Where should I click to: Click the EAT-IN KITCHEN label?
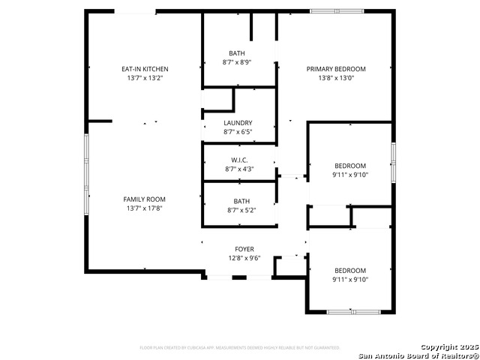coord(145,69)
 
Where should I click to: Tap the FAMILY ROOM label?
coord(145,199)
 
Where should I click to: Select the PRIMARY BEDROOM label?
coord(335,69)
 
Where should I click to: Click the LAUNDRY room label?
coord(238,123)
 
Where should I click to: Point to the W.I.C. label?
coord(238,160)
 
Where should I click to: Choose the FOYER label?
coord(244,249)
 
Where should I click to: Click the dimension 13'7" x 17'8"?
coord(145,208)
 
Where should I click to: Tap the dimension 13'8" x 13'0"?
coord(335,78)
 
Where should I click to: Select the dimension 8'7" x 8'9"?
coord(238,62)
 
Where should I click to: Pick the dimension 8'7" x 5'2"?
coord(241,210)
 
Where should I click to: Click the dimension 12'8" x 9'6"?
coord(244,258)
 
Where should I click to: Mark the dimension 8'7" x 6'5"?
coord(238,132)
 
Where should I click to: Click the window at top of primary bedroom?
coord(337,11)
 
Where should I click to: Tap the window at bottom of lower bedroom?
coord(354,311)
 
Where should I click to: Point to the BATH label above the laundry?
coord(238,53)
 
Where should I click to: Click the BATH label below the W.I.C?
coord(241,201)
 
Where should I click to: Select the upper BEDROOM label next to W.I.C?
coord(350,166)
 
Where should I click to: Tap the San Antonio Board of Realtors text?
coord(418,355)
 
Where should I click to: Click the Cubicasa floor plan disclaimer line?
coord(240,348)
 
